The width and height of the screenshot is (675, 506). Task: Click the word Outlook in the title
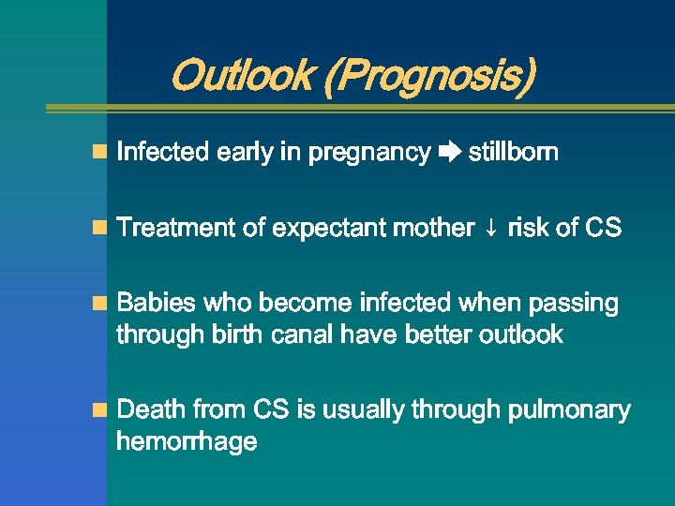pos(242,76)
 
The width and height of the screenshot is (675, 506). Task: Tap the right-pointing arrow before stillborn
pos(449,153)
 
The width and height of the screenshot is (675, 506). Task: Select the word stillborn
pos(513,152)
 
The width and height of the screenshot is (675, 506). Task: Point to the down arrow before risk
pos(491,229)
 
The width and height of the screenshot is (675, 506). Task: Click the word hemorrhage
pos(187,441)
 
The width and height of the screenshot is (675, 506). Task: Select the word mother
pos(436,228)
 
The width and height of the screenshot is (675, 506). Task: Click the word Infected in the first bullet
pos(163,152)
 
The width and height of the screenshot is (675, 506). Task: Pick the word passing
pos(574,304)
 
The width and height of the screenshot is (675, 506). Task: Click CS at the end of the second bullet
pos(602,228)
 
